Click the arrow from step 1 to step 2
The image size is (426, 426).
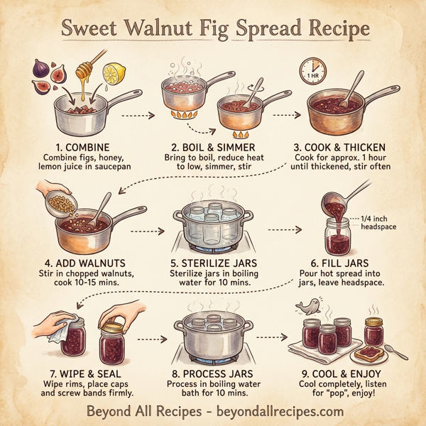pyautogui.click(x=136, y=114)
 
